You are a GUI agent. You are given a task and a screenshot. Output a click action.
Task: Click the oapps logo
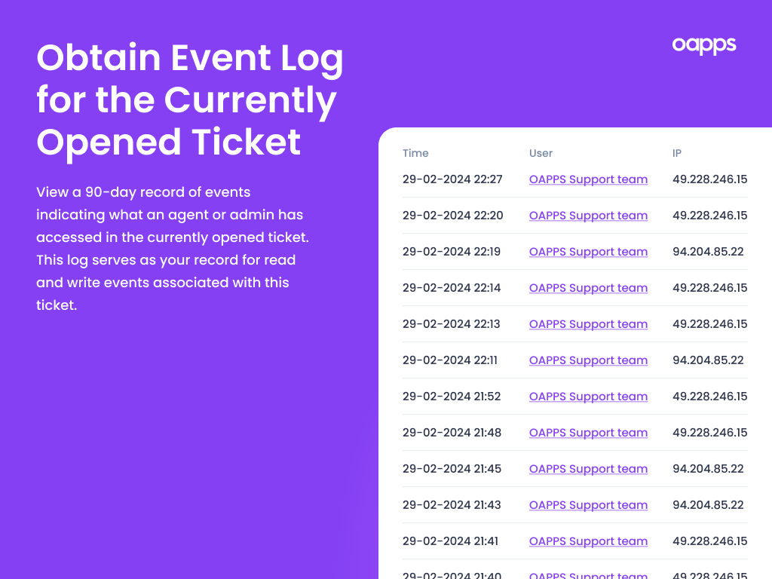click(x=703, y=45)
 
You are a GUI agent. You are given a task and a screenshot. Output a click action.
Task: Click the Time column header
click(x=415, y=153)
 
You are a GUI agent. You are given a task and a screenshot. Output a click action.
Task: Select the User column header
click(x=541, y=153)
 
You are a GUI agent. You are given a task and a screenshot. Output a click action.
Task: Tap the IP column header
click(x=677, y=153)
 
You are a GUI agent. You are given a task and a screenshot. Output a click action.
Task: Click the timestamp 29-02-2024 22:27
click(x=452, y=179)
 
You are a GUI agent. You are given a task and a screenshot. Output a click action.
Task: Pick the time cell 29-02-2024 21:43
click(x=452, y=505)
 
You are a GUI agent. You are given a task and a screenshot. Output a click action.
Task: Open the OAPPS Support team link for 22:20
click(x=588, y=216)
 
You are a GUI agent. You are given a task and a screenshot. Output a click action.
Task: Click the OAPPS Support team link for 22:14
click(x=588, y=288)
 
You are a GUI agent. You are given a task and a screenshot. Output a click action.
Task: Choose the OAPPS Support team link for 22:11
click(x=588, y=360)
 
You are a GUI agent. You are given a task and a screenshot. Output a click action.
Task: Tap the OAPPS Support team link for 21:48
click(x=588, y=433)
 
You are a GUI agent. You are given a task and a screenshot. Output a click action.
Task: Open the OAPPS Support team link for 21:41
click(x=588, y=541)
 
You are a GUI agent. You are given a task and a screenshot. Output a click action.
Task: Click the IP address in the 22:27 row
click(x=709, y=179)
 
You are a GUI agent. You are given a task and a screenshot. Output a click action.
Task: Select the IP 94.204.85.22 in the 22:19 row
click(x=708, y=252)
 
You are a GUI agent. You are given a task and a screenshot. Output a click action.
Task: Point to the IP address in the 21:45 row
click(x=708, y=469)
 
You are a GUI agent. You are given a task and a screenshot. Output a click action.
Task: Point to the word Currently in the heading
click(x=250, y=100)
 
